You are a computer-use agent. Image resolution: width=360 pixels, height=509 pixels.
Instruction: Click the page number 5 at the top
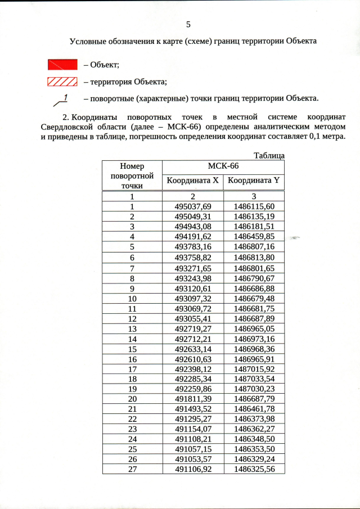click(188, 24)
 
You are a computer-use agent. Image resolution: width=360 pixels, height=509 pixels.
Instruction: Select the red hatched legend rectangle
click(61, 82)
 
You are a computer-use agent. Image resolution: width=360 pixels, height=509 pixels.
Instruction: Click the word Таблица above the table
click(269, 155)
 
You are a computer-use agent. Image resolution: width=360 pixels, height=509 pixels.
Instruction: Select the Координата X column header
click(192, 181)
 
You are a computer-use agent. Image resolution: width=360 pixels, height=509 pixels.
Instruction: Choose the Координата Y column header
click(254, 181)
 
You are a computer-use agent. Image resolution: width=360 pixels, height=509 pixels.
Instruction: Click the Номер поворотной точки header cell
click(132, 175)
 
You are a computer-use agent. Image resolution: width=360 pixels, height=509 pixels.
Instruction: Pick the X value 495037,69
click(192, 206)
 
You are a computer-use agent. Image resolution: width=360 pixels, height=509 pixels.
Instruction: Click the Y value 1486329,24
click(254, 459)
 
